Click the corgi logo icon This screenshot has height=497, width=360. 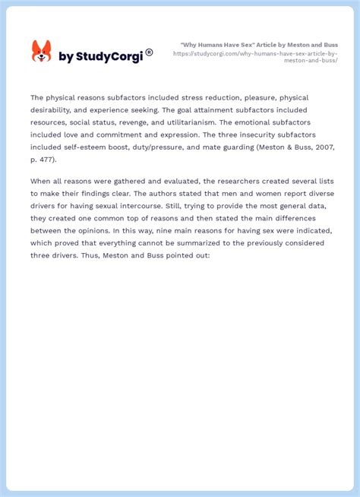point(41,52)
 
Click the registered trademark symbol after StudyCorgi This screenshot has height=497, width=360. point(149,52)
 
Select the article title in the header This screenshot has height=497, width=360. point(259,45)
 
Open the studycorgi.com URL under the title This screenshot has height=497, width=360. point(256,57)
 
